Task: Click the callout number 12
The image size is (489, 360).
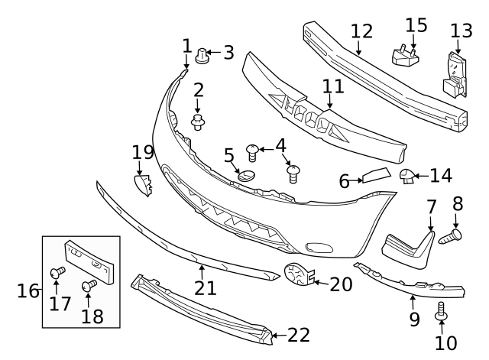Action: pos(361,32)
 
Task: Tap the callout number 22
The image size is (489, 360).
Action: pos(299,335)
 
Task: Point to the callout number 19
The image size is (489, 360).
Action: pos(143,153)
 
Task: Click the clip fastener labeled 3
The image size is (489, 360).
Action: pos(202,55)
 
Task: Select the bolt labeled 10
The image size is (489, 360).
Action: pos(440,312)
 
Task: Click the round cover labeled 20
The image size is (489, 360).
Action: pos(296,275)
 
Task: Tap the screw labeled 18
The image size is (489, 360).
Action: pos(88,287)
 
